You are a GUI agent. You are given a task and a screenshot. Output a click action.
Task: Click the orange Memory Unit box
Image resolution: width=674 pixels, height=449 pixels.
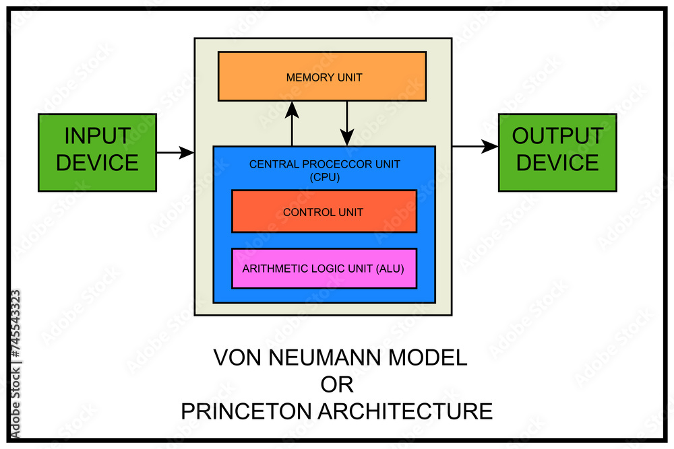[322, 77]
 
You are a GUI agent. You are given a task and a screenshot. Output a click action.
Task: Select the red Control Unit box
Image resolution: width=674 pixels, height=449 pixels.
[324, 211]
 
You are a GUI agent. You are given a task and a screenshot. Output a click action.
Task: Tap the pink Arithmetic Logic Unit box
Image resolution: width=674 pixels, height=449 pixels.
[324, 268]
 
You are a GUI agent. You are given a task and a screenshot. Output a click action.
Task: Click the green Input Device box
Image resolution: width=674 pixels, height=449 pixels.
[97, 152]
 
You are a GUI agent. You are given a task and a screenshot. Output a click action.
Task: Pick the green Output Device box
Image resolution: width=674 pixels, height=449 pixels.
[557, 152]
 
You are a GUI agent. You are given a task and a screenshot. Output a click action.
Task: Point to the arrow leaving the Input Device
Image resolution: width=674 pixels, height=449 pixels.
[175, 153]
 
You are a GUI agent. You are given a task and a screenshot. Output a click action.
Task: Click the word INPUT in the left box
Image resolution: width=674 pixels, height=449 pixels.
[97, 137]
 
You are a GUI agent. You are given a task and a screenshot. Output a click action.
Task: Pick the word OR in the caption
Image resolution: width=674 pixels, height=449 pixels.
[336, 384]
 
